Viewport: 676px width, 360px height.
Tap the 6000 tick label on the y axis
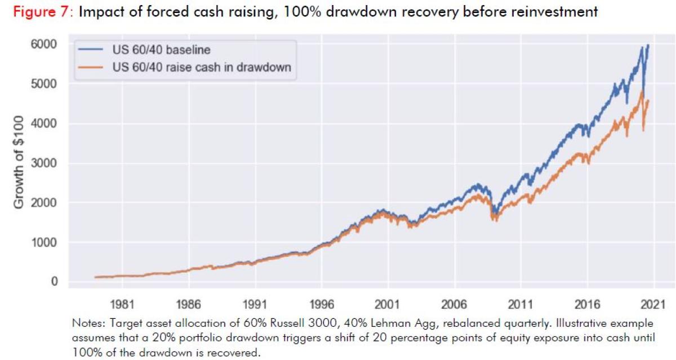tap(47, 44)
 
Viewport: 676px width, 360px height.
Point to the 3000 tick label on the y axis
tap(47, 163)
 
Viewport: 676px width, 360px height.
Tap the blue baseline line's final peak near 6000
tap(648, 45)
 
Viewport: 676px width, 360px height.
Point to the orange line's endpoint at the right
tap(649, 100)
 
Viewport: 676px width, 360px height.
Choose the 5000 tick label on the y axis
tap(47, 84)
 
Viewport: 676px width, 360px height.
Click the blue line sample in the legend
tap(92, 50)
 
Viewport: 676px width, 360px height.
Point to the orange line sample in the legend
tap(92, 68)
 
